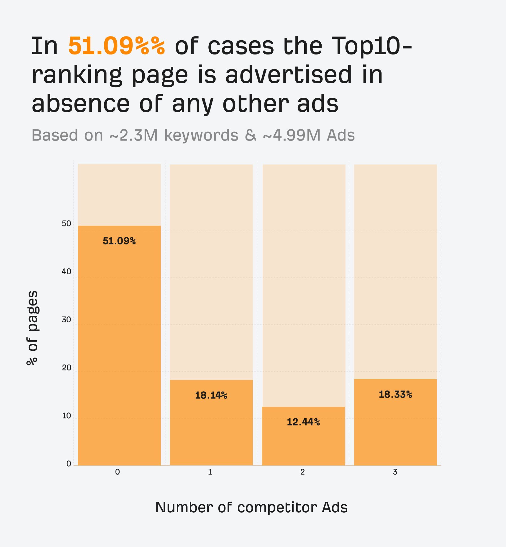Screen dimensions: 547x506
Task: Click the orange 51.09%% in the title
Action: pyautogui.click(x=117, y=46)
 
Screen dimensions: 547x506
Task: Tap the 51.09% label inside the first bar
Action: pyautogui.click(x=119, y=241)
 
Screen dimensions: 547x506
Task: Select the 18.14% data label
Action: pyautogui.click(x=211, y=396)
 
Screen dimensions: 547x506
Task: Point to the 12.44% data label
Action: pyautogui.click(x=303, y=422)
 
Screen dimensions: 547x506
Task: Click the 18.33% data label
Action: pyautogui.click(x=395, y=395)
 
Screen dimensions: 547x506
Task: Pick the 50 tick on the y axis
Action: pyautogui.click(x=66, y=224)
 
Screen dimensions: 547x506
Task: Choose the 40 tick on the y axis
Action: pyautogui.click(x=66, y=272)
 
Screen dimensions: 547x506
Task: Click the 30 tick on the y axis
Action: pyautogui.click(x=66, y=320)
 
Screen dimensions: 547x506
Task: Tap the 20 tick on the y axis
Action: pyautogui.click(x=66, y=368)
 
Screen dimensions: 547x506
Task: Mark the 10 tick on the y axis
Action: pyautogui.click(x=66, y=416)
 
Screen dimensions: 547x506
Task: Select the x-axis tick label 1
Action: pyautogui.click(x=210, y=472)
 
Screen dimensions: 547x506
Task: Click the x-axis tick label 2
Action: pyautogui.click(x=303, y=472)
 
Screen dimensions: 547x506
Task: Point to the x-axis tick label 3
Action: pyautogui.click(x=395, y=472)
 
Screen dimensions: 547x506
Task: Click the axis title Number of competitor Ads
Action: pyautogui.click(x=251, y=507)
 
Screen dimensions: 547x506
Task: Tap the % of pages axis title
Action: pyautogui.click(x=33, y=328)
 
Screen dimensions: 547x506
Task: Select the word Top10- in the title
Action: pyautogui.click(x=371, y=46)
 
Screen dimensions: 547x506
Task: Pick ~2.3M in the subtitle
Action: pyautogui.click(x=134, y=135)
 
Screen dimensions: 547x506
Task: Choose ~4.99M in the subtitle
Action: pyautogui.click(x=291, y=135)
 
